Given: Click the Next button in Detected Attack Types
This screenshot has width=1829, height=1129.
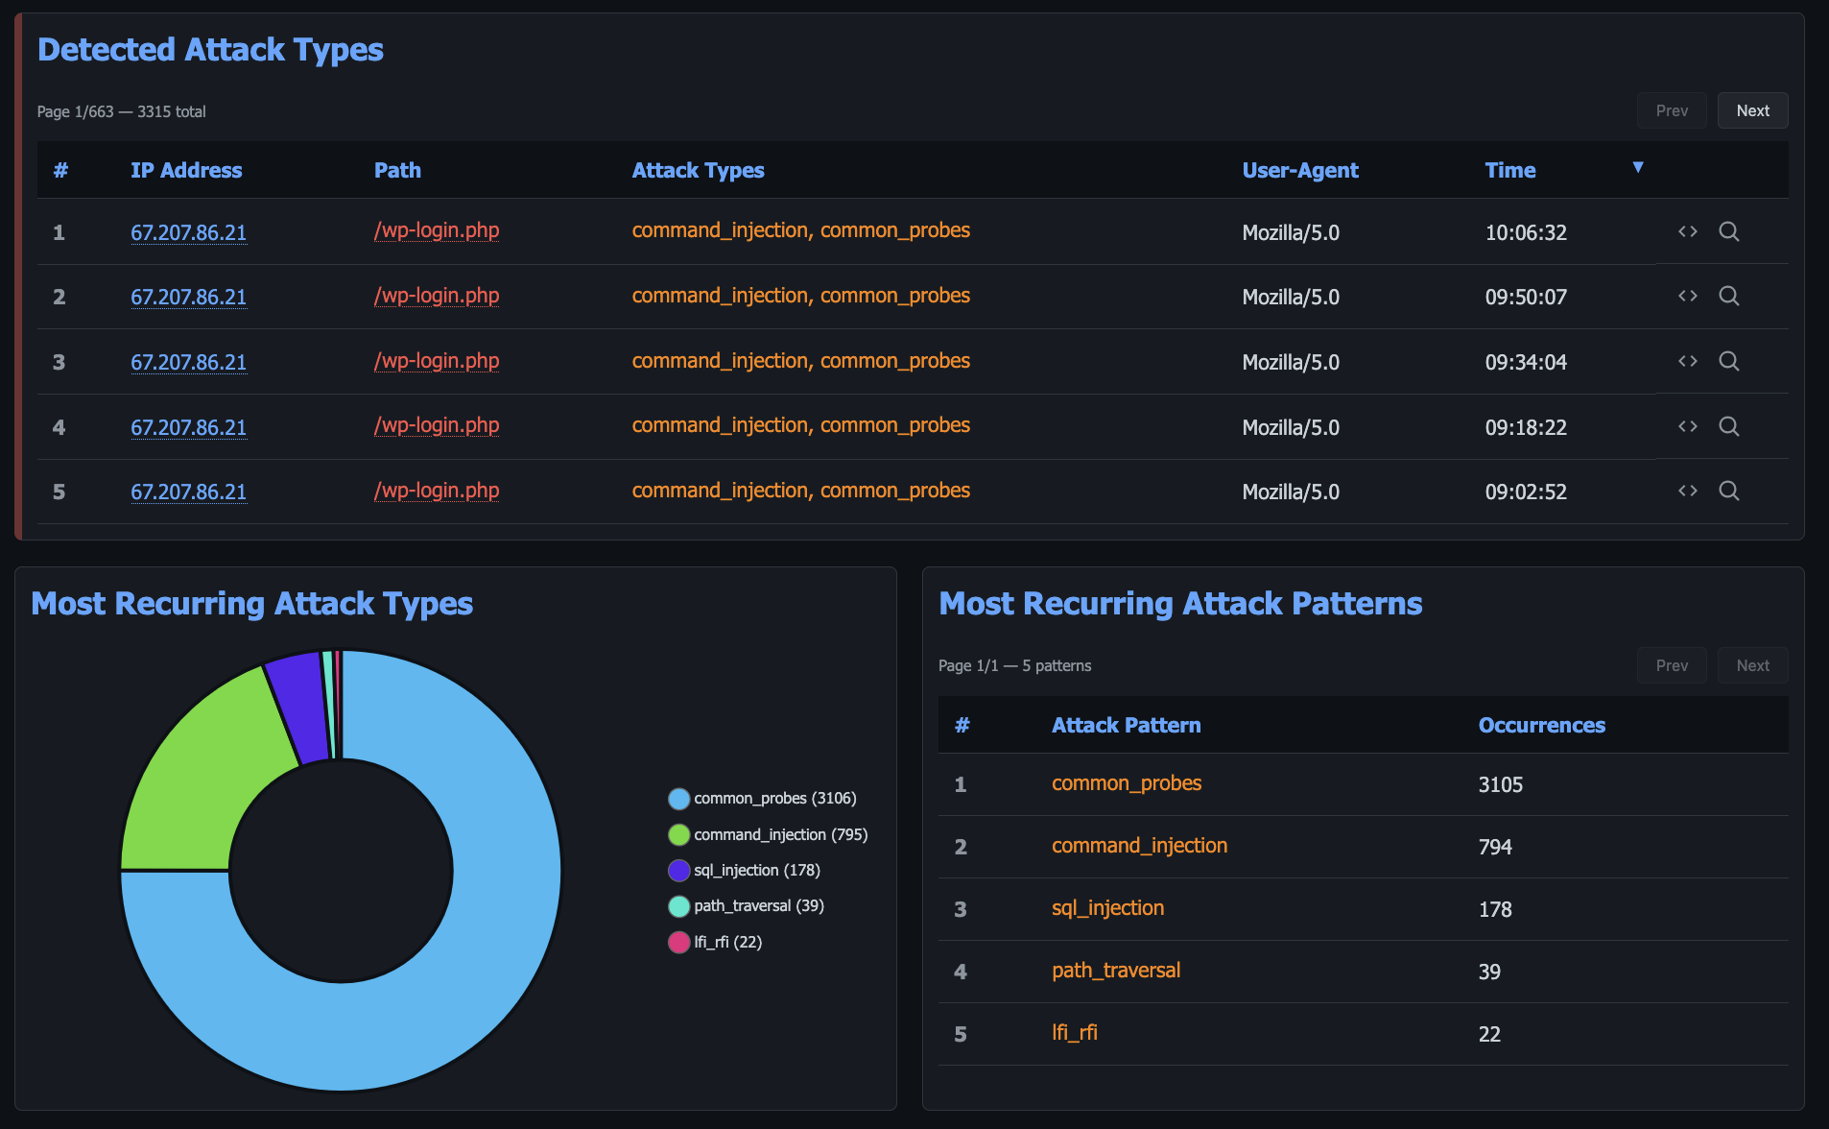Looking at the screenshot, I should click(x=1752, y=111).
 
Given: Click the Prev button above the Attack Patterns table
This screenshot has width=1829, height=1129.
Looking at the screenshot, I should click(x=1671, y=665).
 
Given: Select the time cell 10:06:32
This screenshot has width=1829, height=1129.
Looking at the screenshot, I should click(x=1525, y=232).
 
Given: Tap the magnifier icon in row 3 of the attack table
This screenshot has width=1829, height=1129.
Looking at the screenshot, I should click(x=1728, y=361).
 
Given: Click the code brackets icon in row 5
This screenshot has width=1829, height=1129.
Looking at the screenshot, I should click(x=1687, y=491).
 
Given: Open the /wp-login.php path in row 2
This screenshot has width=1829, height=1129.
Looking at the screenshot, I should click(x=437, y=296).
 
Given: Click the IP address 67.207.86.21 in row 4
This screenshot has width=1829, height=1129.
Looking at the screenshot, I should click(x=188, y=427).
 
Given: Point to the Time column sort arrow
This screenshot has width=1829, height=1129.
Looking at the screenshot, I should click(x=1638, y=167).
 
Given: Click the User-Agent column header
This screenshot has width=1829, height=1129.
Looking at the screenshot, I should click(x=1299, y=171).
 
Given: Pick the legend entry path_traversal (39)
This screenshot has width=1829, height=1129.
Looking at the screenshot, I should click(x=758, y=906).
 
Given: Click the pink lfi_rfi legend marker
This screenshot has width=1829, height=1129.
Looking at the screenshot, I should click(x=678, y=943).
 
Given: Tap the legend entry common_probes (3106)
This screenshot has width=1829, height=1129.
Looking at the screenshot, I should click(x=773, y=799).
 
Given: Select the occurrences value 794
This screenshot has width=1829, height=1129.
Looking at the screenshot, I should click(x=1494, y=847).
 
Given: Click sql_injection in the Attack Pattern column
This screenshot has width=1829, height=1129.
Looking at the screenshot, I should click(x=1107, y=908).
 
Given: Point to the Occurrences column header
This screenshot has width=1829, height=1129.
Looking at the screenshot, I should click(x=1541, y=726).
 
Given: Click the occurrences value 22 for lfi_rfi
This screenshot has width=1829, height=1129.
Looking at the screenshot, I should click(x=1488, y=1034).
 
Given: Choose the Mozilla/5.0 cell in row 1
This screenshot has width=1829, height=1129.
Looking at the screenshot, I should click(x=1290, y=232).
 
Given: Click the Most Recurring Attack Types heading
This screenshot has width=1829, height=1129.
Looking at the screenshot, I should click(x=251, y=604).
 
